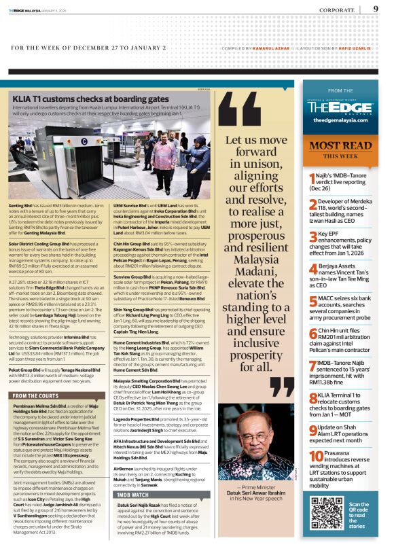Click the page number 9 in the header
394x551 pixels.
(x=376, y=9)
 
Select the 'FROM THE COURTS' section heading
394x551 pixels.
(x=36, y=395)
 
